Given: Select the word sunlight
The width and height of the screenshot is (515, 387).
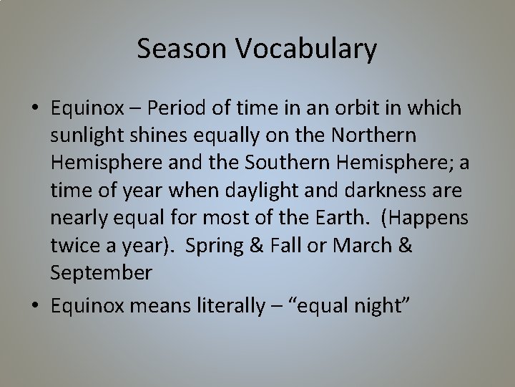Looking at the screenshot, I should pos(83,135).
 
